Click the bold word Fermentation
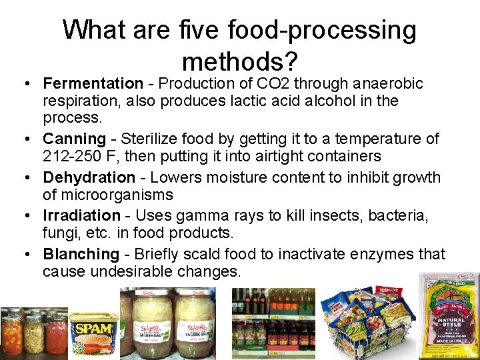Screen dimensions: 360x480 pos(93,84)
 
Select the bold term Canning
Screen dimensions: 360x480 pos(74,139)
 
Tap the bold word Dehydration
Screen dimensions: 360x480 pos(89,178)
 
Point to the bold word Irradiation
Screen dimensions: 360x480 pos(81,216)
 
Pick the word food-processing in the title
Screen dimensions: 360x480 pos(321,30)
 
